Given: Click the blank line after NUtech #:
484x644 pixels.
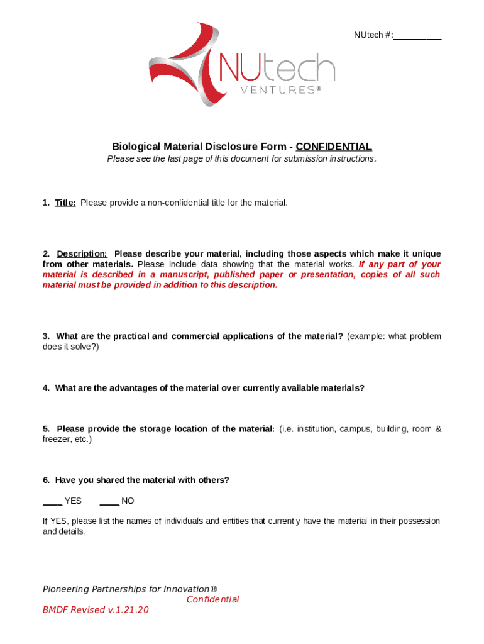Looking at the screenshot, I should [417, 36].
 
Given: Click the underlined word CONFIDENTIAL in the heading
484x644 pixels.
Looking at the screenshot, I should [334, 147].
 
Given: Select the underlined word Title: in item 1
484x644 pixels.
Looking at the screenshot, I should [65, 203].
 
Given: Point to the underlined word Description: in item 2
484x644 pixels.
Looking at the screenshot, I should [82, 254].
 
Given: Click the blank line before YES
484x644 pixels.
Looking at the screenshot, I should [52, 501].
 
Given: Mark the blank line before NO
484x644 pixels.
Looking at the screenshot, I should [109, 501].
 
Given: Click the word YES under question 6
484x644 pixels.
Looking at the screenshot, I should [73, 501].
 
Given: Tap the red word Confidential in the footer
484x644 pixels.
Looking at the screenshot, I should [212, 599].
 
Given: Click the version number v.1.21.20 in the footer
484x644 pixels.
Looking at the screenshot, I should [128, 610].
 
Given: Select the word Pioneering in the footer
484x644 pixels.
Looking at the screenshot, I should [65, 589].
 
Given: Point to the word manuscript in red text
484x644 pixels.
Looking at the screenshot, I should [184, 275].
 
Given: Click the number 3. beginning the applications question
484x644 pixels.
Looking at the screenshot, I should [47, 336].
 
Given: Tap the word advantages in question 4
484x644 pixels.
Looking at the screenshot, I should [116, 388].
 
